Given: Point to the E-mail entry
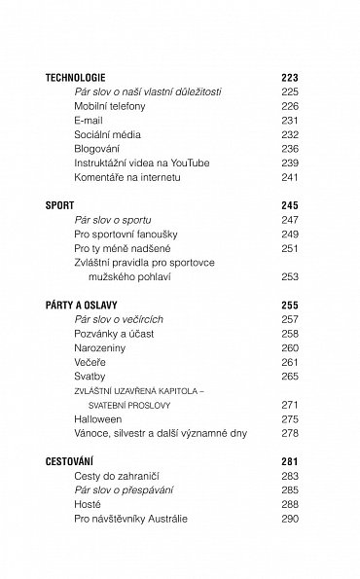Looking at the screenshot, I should tap(89, 120).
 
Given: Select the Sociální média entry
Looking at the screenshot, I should tap(106, 134).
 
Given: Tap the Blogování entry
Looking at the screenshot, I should tap(97, 149).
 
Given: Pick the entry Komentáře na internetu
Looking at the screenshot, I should tap(129, 178).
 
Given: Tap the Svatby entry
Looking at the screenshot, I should tap(90, 376).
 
